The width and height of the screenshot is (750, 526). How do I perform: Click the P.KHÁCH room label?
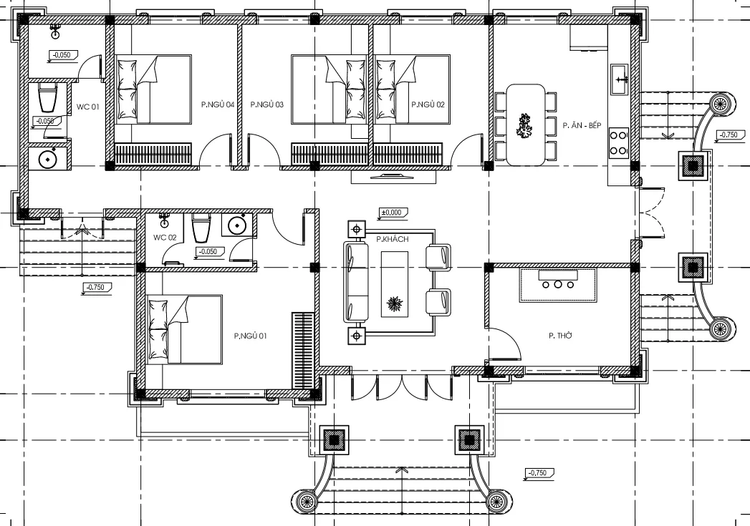click(392, 240)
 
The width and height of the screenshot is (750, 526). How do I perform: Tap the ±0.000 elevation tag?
click(393, 213)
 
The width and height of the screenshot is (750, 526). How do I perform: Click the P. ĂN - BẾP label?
click(581, 125)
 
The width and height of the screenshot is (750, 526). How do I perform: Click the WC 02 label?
click(165, 237)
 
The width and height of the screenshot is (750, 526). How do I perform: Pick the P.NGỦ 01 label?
click(250, 334)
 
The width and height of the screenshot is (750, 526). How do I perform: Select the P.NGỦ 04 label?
click(218, 104)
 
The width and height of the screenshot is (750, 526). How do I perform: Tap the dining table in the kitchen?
click(525, 125)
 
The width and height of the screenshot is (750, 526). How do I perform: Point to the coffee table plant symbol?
click(395, 305)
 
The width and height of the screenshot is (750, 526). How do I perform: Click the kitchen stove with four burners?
click(618, 142)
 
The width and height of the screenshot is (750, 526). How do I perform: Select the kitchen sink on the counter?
click(619, 79)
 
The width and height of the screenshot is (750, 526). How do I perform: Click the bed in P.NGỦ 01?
click(183, 329)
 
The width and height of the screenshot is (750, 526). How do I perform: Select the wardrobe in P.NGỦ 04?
click(154, 154)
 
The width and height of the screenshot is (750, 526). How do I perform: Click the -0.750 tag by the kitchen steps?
click(728, 135)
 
